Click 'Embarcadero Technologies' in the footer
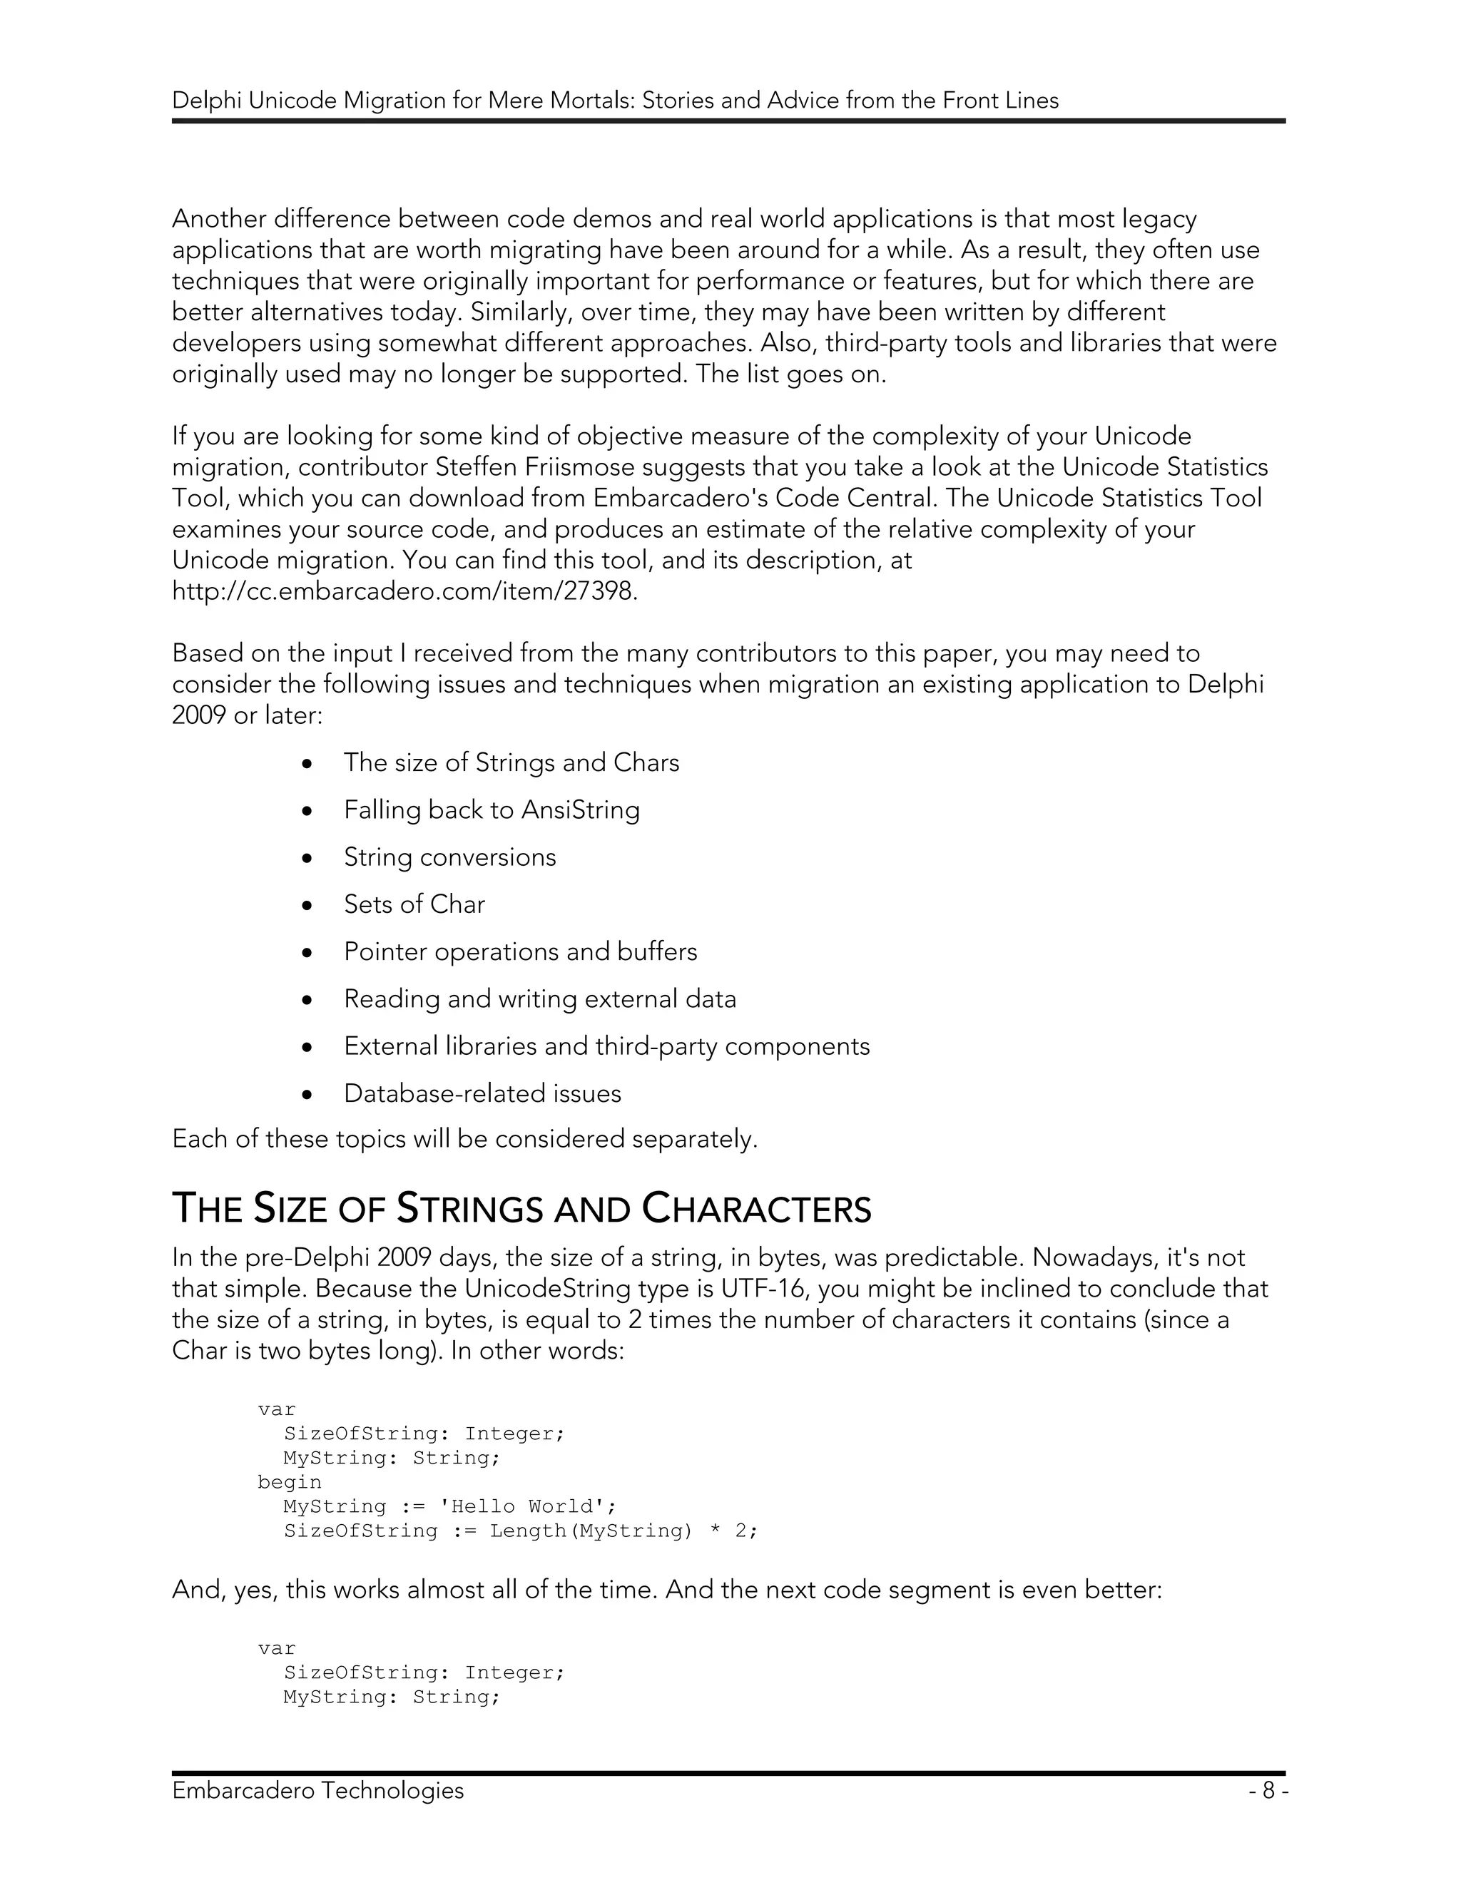pos(317,1789)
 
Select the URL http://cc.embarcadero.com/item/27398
pos(404,591)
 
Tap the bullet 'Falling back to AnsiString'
pos(491,809)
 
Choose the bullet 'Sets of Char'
pos(414,904)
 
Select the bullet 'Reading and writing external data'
pos(539,998)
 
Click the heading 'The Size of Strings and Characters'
pos(521,1208)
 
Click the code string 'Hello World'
pos(521,1506)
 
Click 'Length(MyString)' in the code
pos(591,1530)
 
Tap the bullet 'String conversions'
pos(449,857)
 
